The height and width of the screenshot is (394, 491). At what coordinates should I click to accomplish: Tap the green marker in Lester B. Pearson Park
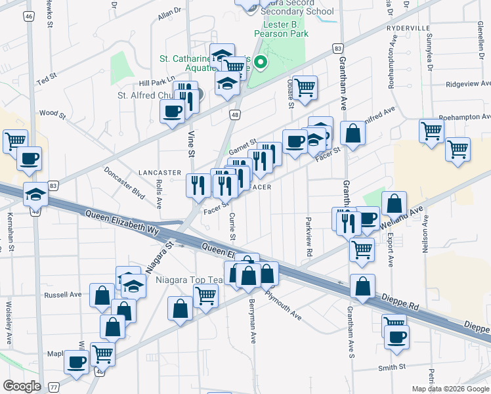261,63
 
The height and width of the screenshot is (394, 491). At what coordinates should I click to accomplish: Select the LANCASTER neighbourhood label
160,173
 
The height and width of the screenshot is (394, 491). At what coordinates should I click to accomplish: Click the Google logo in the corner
21,386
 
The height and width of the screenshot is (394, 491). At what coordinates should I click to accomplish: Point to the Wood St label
53,114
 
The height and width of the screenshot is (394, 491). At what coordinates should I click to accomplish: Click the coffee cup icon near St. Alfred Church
173,111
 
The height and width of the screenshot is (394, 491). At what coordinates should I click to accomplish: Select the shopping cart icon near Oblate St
305,87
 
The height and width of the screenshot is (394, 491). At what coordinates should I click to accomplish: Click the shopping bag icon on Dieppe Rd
362,286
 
